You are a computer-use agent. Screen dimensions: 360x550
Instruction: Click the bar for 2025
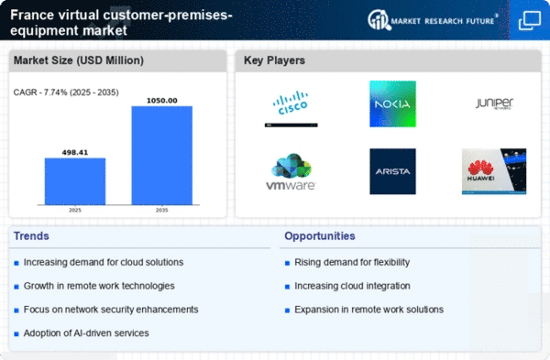(75, 181)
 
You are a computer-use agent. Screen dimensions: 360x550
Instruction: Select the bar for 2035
(161, 156)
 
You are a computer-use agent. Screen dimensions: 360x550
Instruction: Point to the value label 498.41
(75, 151)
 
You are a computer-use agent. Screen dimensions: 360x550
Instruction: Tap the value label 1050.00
(161, 99)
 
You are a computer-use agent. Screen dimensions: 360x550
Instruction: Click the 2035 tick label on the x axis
(161, 212)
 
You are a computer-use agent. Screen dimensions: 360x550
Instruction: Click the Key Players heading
(274, 61)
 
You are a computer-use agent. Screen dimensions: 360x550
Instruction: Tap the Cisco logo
(292, 108)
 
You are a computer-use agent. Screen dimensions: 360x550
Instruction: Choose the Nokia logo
(392, 104)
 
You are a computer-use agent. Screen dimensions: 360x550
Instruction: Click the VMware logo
(292, 171)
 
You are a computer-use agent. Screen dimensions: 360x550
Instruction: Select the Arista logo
(392, 171)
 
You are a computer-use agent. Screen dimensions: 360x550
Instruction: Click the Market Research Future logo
(433, 19)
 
